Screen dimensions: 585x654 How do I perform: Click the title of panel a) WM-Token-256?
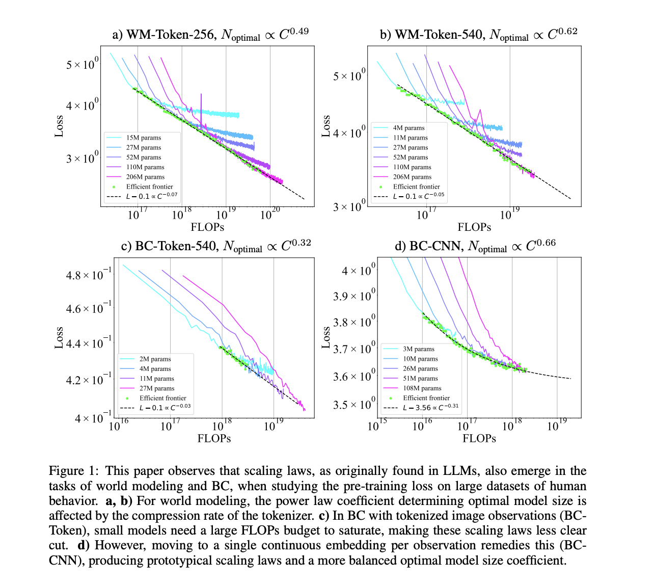(210, 35)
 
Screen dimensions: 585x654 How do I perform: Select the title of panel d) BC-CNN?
(475, 246)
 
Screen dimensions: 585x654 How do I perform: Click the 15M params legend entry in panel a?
(143, 138)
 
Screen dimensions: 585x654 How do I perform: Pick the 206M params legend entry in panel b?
(410, 177)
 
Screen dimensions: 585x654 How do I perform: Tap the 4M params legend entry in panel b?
(408, 128)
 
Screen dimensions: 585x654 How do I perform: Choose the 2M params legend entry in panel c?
(155, 359)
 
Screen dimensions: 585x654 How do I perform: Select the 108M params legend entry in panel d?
(422, 388)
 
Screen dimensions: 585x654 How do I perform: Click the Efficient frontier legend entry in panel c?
(162, 398)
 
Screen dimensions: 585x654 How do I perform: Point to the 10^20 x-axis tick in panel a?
(270, 215)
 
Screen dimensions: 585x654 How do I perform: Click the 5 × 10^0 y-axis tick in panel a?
(83, 65)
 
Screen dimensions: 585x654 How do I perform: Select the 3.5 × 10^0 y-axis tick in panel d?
(355, 405)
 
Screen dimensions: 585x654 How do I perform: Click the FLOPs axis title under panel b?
(474, 227)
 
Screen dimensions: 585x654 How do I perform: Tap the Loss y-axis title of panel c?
(59, 337)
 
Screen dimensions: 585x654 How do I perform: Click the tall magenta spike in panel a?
(201, 107)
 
